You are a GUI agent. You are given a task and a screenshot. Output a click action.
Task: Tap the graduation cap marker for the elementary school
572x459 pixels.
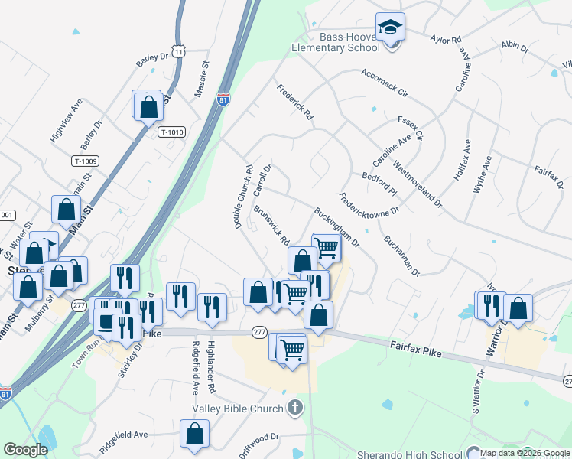pos(391,28)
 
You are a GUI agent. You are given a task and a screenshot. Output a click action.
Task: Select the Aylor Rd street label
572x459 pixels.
pos(446,38)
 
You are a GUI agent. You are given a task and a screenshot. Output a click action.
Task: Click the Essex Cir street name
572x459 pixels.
pos(411,128)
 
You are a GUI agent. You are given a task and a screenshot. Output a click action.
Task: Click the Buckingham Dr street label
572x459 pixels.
pos(336,226)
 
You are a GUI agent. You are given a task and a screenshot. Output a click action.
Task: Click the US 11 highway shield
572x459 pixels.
pos(178,50)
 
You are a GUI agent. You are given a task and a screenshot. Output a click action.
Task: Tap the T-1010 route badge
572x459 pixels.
pos(172,132)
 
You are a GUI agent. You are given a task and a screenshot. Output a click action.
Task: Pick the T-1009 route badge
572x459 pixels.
pos(86,161)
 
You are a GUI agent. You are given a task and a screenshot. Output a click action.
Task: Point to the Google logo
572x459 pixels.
pos(25,450)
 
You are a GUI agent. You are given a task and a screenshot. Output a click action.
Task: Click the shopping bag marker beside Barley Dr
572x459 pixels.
pos(148,106)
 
